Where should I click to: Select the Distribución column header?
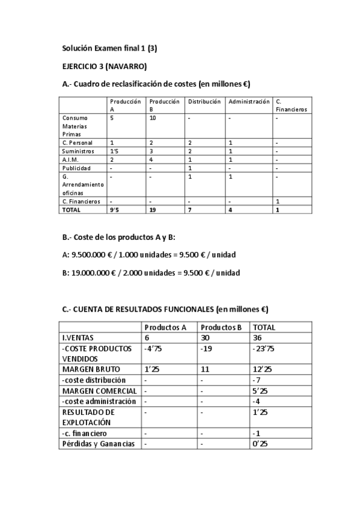204,102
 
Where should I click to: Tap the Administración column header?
249,102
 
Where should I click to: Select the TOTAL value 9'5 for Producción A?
114,210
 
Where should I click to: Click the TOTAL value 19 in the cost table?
153,210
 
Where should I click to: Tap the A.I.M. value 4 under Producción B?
151,160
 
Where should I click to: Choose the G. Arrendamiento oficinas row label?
82,185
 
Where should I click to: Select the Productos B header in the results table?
221,327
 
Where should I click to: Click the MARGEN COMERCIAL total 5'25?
260,391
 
